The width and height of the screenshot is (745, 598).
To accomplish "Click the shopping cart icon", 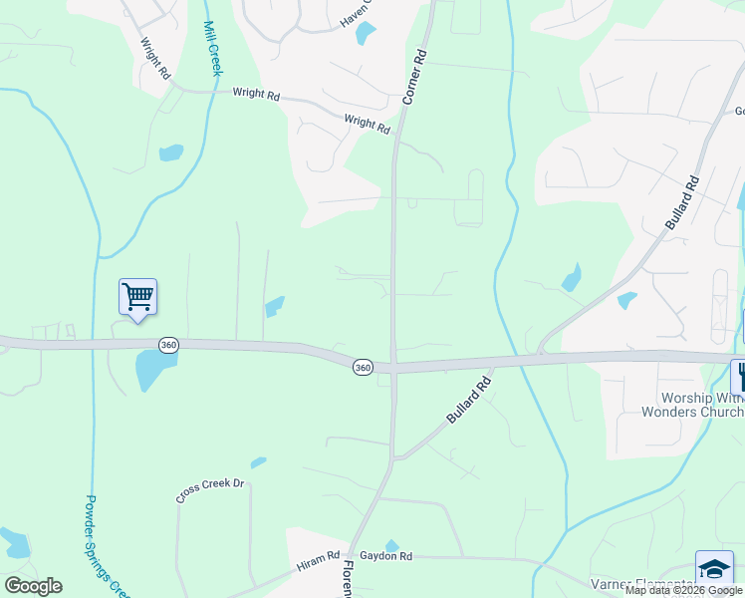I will pyautogui.click(x=137, y=296).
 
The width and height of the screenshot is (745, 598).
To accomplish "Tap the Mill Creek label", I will pyautogui.click(x=212, y=48).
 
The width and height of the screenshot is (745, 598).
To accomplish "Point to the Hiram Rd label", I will pyautogui.click(x=319, y=564).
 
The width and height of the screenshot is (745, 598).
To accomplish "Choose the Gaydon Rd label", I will pyautogui.click(x=385, y=556).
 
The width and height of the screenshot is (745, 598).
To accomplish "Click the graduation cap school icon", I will pyautogui.click(x=714, y=568).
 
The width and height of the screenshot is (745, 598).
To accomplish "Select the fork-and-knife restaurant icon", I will pyautogui.click(x=739, y=376).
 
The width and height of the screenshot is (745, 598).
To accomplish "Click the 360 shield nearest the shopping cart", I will pyautogui.click(x=168, y=344).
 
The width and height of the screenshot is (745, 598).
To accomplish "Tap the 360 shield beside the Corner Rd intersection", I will pyautogui.click(x=363, y=368).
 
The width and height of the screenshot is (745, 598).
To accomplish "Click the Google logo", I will pyautogui.click(x=33, y=586).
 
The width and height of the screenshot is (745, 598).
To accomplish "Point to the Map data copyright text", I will pyautogui.click(x=684, y=590).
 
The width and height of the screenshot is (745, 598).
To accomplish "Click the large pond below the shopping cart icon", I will pyautogui.click(x=153, y=370).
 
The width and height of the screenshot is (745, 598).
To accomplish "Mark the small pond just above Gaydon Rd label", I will pyautogui.click(x=391, y=545).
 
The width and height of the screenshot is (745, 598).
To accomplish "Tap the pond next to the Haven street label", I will pyautogui.click(x=366, y=33).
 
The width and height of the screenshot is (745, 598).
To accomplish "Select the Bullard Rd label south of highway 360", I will pyautogui.click(x=469, y=399).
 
